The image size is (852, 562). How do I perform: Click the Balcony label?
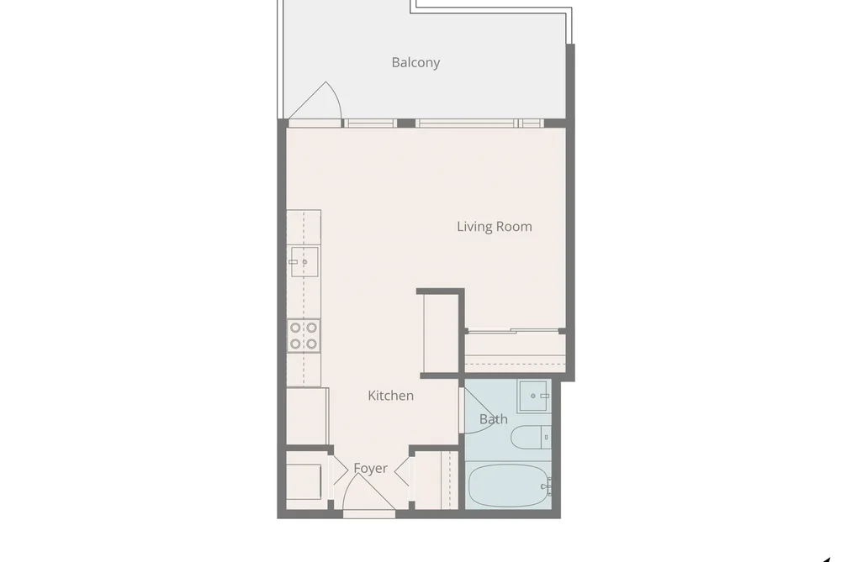[415, 62]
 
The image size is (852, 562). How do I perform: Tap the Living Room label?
[495, 226]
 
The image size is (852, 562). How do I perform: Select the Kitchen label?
[391, 396]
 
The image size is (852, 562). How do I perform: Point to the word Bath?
[494, 419]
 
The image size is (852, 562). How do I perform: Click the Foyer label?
[371, 468]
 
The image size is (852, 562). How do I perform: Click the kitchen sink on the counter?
[304, 261]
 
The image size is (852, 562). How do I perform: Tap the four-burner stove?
[304, 336]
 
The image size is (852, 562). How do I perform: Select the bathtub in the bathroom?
[509, 486]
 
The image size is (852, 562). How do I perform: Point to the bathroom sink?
[533, 396]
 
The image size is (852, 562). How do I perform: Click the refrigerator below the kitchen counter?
[307, 416]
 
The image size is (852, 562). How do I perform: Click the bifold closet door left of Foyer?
[339, 470]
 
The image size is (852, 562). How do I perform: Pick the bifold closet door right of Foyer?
[402, 471]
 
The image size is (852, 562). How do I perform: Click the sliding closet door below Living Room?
[513, 330]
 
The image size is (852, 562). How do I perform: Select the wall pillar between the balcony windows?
[406, 123]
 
